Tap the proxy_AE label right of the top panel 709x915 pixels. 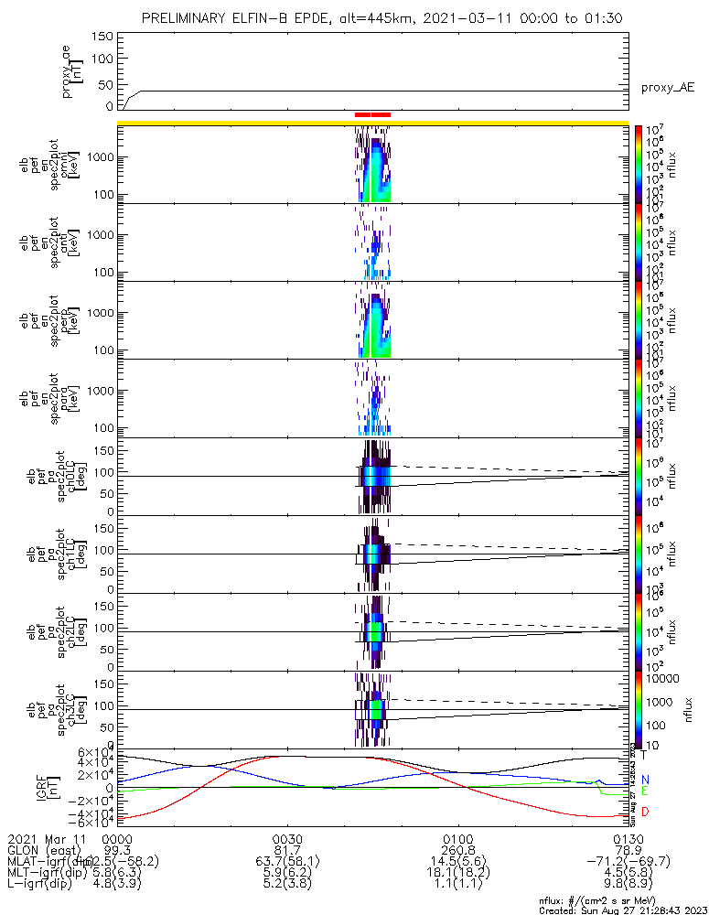pos(668,88)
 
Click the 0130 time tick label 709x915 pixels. pos(628,839)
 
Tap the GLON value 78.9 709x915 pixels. pos(628,851)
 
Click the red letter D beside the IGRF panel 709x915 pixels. pos(645,813)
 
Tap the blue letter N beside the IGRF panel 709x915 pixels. pos(645,780)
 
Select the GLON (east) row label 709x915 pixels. pos(48,851)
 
